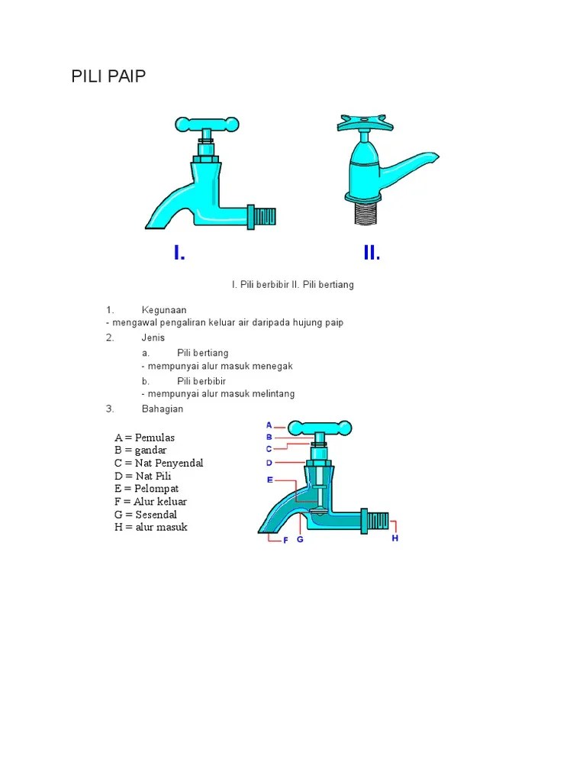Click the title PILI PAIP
[108, 76]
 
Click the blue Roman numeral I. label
[179, 252]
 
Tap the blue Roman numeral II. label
[372, 252]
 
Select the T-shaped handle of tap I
[207, 124]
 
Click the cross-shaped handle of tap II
[365, 123]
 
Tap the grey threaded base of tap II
[366, 213]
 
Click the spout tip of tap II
[436, 157]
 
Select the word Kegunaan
[164, 310]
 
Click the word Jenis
[153, 338]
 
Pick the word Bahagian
[163, 409]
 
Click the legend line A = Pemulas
[144, 438]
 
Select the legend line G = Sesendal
[146, 514]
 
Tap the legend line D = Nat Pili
[143, 476]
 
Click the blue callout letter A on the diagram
[269, 425]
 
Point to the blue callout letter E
[270, 480]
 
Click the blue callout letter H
[394, 538]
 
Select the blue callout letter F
[285, 540]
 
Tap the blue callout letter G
[300, 540]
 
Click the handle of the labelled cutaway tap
[320, 428]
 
